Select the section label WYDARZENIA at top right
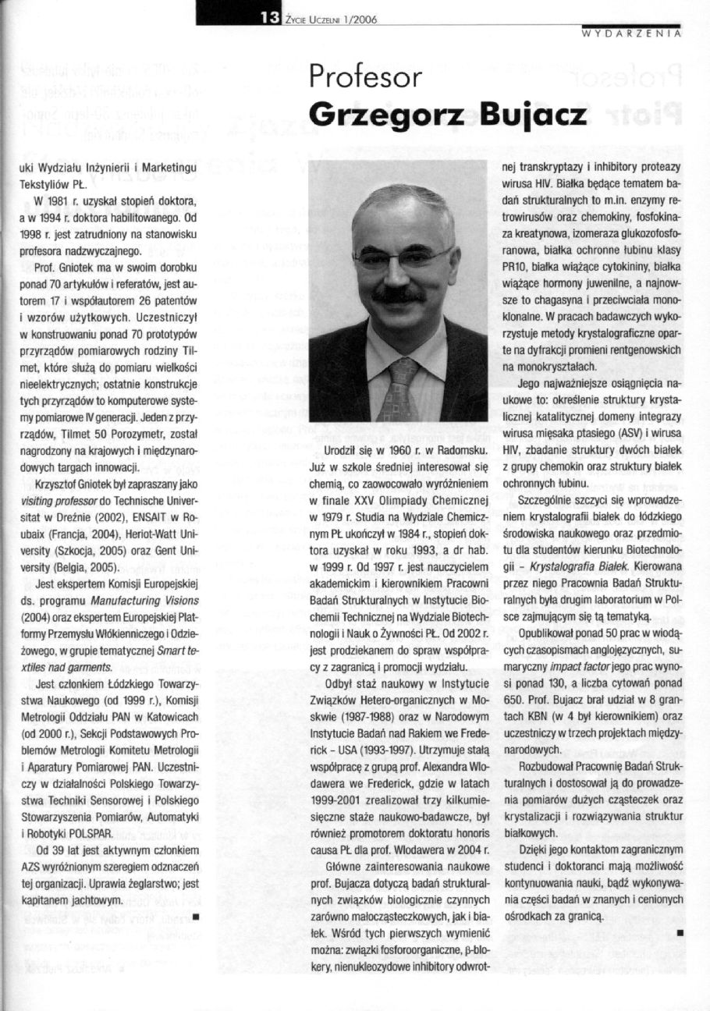(633, 34)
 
